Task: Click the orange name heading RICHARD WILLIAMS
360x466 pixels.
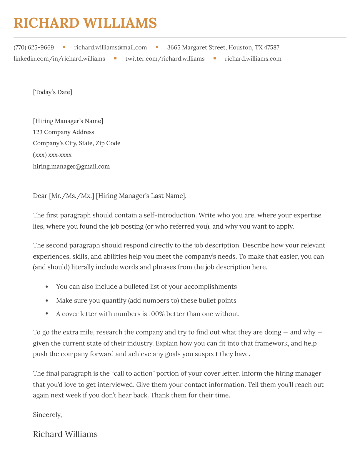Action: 85,23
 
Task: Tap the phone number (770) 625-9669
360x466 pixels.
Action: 34,47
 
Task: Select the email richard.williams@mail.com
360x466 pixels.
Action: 110,47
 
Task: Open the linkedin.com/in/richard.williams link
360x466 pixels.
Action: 59,59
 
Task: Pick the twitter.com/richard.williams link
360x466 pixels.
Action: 165,59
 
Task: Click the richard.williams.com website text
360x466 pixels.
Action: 253,59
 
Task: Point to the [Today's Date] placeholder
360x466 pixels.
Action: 52,92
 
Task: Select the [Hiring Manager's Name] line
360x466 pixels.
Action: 68,121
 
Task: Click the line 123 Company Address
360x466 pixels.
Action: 64,132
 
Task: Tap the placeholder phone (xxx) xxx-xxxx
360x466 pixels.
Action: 52,155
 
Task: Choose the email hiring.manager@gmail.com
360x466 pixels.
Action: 71,167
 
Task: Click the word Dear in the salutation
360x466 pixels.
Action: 40,196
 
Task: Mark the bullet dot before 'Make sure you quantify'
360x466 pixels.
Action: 46,300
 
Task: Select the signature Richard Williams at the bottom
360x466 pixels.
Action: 65,434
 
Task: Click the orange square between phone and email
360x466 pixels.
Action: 64,47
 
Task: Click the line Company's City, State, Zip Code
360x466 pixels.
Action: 76,143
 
